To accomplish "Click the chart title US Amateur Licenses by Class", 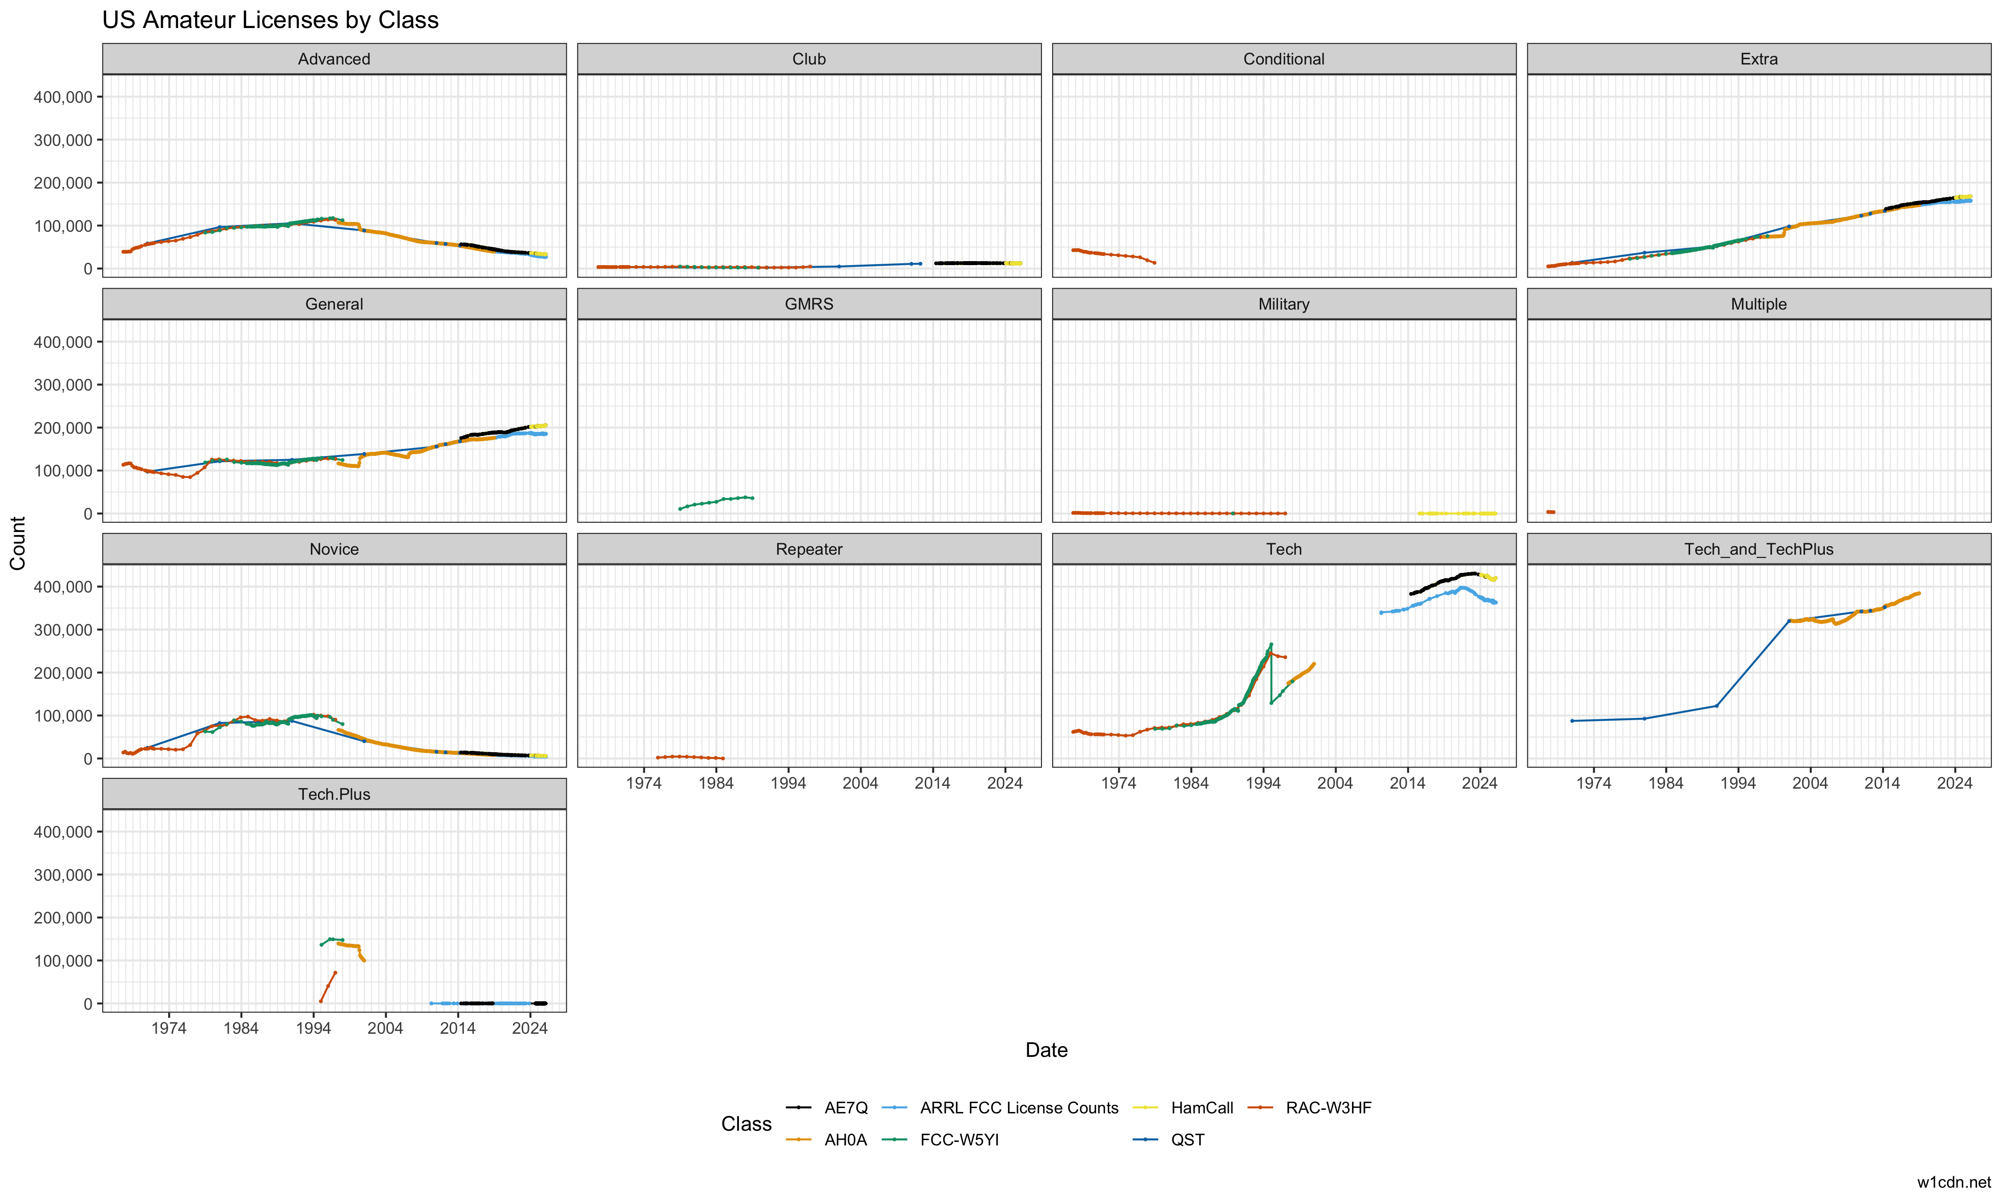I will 270,20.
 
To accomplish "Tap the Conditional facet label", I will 1284,59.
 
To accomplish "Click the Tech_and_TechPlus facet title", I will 1759,549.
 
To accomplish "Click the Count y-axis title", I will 18,543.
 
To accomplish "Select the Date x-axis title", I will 1046,1051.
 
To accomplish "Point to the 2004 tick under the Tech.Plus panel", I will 385,1028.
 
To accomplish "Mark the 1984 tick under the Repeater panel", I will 715,783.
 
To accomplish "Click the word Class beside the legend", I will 746,1124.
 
